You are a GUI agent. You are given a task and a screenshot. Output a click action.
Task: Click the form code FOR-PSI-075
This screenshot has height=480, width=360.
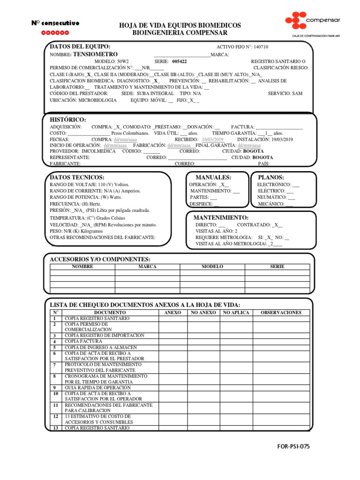point(293,446)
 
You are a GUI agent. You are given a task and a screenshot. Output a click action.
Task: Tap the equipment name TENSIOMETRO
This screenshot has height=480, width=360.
point(96,54)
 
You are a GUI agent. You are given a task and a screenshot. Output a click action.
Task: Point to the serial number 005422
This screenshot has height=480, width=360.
point(179,61)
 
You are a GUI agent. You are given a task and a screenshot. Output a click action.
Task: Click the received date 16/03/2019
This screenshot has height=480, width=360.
point(213,140)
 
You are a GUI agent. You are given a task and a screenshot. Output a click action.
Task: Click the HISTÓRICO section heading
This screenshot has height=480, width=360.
point(68,120)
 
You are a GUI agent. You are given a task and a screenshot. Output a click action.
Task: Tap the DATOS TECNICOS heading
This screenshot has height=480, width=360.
point(77,177)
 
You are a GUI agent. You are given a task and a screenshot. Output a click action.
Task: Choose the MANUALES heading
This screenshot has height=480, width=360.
point(213,177)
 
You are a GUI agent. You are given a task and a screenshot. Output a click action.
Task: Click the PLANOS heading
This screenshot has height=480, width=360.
point(271,177)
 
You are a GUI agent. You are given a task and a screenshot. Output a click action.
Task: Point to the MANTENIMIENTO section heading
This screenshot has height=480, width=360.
point(221,218)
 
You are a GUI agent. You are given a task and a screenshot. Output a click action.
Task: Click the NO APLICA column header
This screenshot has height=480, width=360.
point(236,312)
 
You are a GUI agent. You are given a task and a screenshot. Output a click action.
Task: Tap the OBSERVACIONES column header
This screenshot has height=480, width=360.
point(281,312)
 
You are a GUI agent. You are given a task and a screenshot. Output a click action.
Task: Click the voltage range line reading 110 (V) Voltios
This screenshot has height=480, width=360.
point(89,185)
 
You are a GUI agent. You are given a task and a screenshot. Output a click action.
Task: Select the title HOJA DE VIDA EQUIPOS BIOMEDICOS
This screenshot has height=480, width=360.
point(180,25)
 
